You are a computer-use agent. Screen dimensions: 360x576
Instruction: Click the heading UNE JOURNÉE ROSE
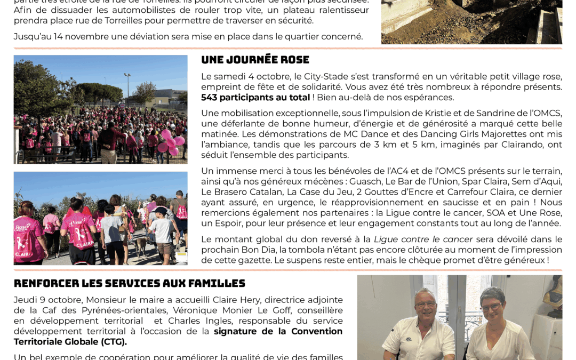click(255, 60)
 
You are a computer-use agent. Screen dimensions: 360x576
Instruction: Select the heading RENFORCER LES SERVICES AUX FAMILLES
click(129, 283)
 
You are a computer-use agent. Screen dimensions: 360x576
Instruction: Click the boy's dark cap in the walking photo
click(159, 211)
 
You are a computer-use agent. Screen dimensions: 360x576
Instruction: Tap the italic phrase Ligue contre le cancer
click(423, 239)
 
